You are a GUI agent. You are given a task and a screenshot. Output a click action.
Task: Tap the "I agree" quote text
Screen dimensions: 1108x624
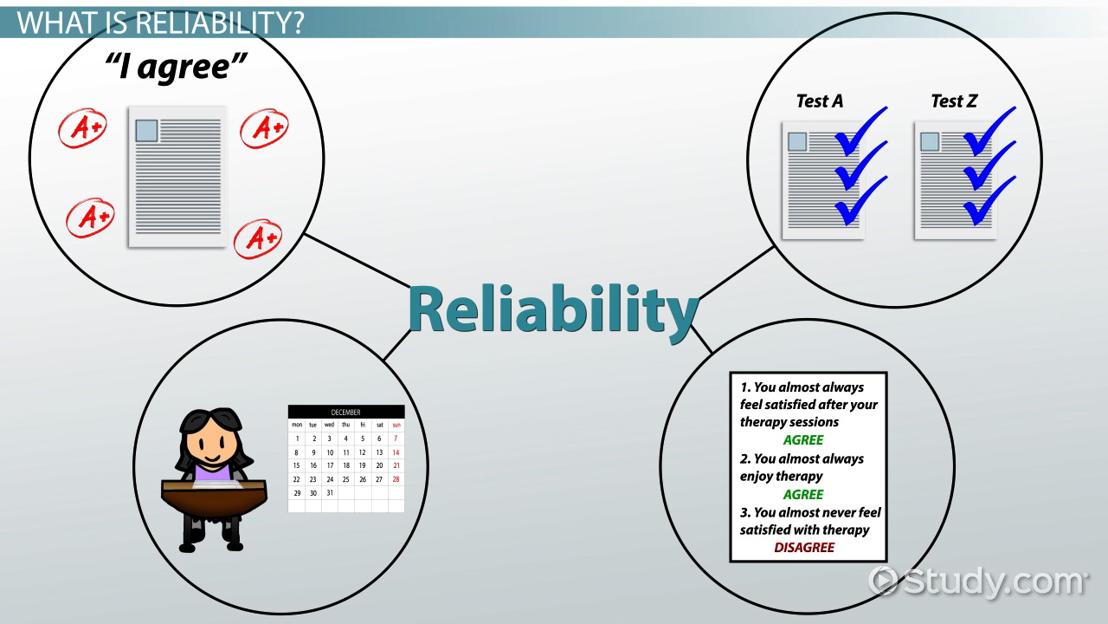pyautogui.click(x=176, y=67)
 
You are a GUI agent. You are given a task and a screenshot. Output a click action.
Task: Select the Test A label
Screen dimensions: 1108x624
pyautogui.click(x=820, y=101)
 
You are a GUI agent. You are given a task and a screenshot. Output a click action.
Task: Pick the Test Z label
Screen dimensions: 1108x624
pyautogui.click(x=954, y=101)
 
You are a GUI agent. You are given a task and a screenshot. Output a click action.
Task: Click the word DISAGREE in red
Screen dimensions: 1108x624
pyautogui.click(x=804, y=547)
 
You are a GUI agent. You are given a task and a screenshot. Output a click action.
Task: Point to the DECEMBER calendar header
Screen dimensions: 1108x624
pyautogui.click(x=345, y=412)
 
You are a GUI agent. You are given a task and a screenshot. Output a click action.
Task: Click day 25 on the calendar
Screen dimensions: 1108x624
pyautogui.click(x=345, y=479)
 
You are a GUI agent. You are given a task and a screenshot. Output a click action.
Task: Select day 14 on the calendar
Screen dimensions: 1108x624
pyautogui.click(x=396, y=452)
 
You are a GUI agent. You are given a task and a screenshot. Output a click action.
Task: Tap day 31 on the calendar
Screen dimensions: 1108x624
pyautogui.click(x=330, y=493)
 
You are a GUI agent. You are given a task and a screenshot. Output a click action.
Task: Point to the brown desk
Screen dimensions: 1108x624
pyautogui.click(x=214, y=497)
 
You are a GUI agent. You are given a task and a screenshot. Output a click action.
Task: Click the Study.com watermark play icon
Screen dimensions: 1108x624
pyautogui.click(x=883, y=580)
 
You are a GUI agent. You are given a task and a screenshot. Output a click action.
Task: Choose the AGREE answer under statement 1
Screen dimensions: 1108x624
pyautogui.click(x=803, y=439)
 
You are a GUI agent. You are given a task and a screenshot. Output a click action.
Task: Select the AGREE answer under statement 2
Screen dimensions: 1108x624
pyautogui.click(x=803, y=494)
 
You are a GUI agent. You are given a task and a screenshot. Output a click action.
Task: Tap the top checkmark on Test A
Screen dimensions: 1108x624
pyautogui.click(x=860, y=130)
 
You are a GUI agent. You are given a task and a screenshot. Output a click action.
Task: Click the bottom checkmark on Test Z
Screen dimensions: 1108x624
pyautogui.click(x=989, y=200)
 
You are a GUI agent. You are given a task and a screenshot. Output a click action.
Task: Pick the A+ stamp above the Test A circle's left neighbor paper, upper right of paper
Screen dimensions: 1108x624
pyautogui.click(x=264, y=128)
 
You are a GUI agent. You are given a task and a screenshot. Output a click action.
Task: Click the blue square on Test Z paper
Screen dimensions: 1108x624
pyautogui.click(x=930, y=141)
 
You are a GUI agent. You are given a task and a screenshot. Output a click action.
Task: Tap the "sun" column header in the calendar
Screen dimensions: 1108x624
pyautogui.click(x=396, y=425)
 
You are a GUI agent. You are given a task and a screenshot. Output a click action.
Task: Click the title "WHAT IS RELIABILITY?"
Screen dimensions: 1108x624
pyautogui.click(x=160, y=23)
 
